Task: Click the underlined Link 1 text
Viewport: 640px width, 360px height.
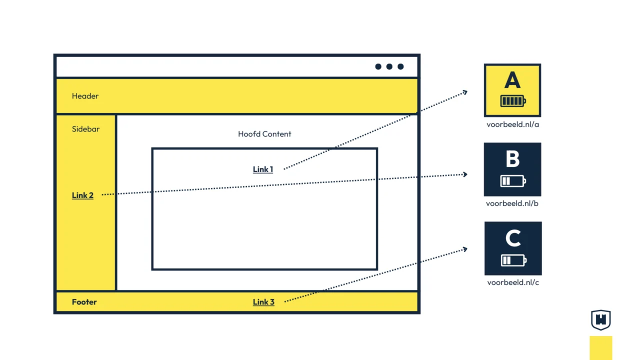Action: point(263,169)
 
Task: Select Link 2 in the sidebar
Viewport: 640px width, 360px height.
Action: point(82,195)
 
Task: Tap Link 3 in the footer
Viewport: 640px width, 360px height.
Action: point(263,302)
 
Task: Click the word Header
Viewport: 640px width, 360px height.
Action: point(85,96)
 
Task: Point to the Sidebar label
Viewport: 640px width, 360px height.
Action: point(85,129)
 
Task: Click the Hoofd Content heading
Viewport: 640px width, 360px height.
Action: point(264,134)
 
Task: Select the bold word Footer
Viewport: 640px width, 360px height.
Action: point(84,302)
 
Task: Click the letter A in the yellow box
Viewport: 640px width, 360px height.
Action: point(512,80)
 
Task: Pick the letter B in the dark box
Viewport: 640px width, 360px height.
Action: point(512,159)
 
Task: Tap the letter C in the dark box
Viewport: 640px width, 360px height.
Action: point(513,238)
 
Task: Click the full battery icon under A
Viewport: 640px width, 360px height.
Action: point(513,101)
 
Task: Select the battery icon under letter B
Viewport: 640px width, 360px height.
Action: point(513,180)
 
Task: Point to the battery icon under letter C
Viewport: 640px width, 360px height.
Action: point(513,260)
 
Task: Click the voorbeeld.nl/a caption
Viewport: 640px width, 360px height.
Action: point(512,124)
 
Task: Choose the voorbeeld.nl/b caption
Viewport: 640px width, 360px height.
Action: point(512,203)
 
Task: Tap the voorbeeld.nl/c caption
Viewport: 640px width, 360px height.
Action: point(513,282)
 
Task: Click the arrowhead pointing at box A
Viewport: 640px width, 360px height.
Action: point(465,91)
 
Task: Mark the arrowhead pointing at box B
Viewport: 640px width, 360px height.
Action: point(465,174)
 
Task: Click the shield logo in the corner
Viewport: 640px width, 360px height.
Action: point(600,320)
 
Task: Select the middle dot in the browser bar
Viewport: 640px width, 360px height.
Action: point(389,66)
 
